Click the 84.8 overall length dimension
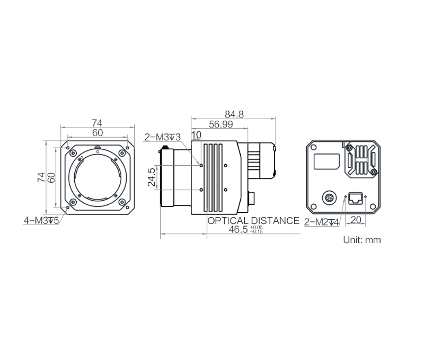pos(234,114)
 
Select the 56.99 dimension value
pos(221,124)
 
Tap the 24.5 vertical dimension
pos(152,177)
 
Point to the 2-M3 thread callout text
pos(163,137)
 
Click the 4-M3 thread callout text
pos(41,221)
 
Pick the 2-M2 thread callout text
pos(321,222)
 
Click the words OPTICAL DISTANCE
pos(253,221)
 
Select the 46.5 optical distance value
pos(238,230)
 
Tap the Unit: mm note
pos(362,240)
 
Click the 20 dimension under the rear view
pos(356,220)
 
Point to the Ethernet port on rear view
pos(355,199)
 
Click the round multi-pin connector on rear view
pos(329,199)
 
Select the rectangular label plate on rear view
pos(326,161)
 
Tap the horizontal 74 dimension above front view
pos(97,123)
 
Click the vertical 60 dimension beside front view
pos(51,178)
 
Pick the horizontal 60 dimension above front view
pos(98,133)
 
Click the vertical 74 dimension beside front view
pos(41,178)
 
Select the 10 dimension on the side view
pos(197,135)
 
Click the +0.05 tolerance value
pos(257,228)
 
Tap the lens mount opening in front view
pos(98,178)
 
